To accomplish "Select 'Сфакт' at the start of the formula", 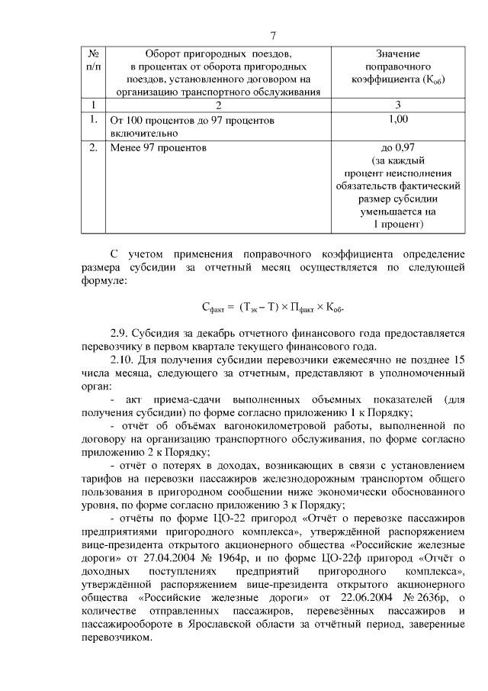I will click(217, 308).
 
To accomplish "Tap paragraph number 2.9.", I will click(120, 334).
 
